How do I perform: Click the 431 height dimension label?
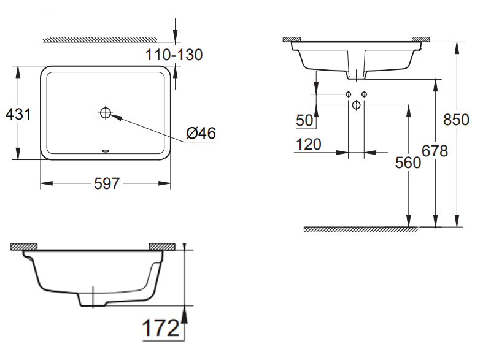[x=17, y=113]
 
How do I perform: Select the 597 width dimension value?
[x=106, y=183]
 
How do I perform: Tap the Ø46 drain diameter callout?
[x=201, y=132]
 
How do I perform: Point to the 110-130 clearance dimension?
[x=174, y=55]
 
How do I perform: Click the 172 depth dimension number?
[x=161, y=329]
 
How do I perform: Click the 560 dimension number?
[x=408, y=163]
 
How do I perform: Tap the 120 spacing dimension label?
[x=308, y=145]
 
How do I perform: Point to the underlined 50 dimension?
[x=304, y=120]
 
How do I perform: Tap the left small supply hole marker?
[x=348, y=94]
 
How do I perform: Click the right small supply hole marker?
[x=365, y=94]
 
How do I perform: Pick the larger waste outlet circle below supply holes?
[x=356, y=105]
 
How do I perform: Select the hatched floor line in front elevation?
[x=361, y=229]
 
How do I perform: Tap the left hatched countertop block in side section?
[x=23, y=246]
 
